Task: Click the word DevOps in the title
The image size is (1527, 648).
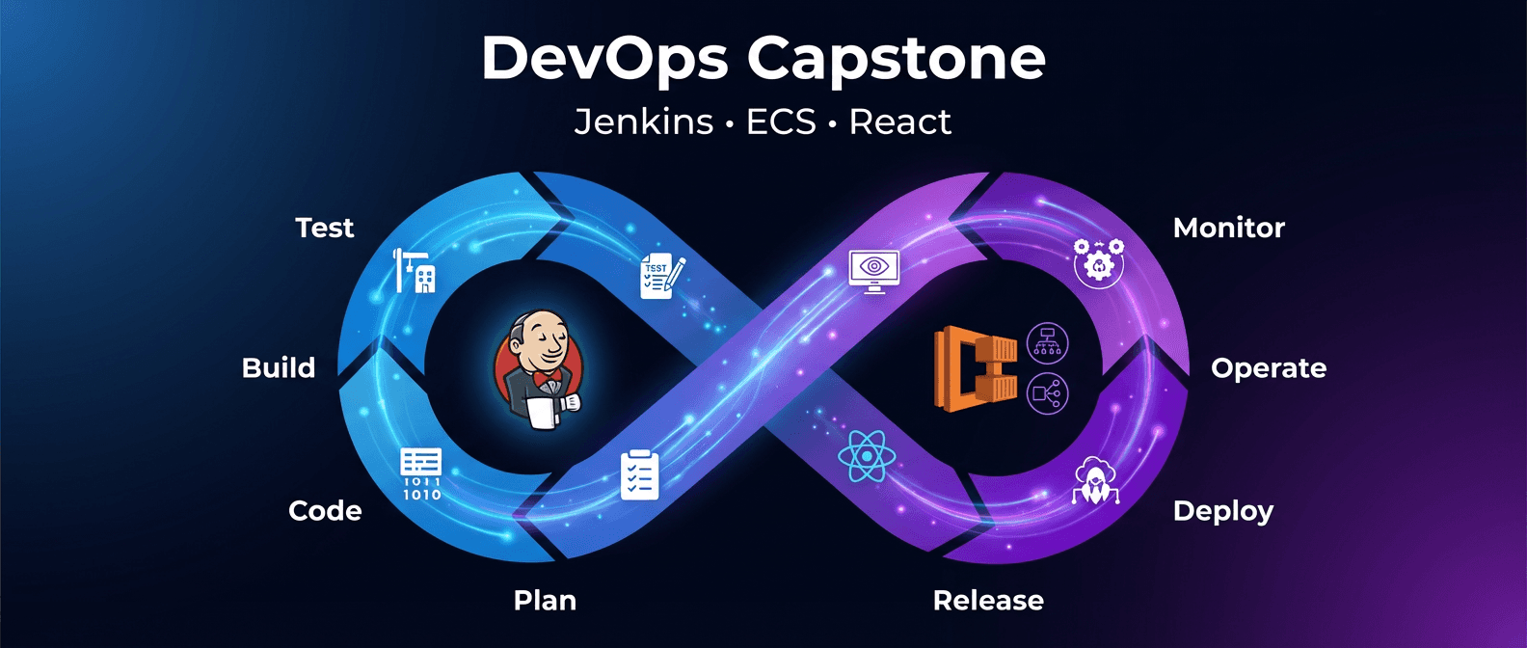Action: [604, 60]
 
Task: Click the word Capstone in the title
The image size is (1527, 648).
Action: [897, 60]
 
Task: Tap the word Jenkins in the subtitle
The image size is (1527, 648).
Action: [644, 122]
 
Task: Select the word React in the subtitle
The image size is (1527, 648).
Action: [899, 122]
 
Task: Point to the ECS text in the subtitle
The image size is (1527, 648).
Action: [781, 122]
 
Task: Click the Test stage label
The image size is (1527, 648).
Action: [325, 228]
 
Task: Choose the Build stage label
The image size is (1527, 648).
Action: [279, 367]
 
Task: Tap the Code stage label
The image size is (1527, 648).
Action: [325, 510]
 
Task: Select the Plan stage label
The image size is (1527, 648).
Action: [545, 600]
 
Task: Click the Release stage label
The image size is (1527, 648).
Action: [988, 600]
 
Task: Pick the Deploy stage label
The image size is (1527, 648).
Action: [1222, 511]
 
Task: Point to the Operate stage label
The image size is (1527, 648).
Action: [1268, 368]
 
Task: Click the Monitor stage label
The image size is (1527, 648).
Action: [1228, 228]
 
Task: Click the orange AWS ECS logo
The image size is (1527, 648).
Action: [975, 368]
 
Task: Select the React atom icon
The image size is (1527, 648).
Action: [867, 456]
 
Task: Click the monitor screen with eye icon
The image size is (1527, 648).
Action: [873, 271]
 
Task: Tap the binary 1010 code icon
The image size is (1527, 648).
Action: [421, 474]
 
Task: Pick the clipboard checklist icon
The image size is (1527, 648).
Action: [640, 474]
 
